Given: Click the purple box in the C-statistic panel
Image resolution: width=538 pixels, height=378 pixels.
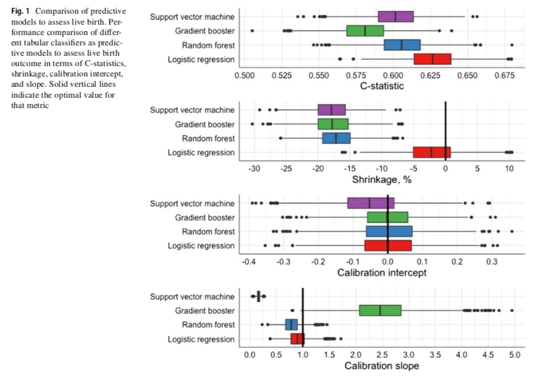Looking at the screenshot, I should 395,17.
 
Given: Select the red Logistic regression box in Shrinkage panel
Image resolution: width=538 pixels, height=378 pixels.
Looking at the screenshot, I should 432,152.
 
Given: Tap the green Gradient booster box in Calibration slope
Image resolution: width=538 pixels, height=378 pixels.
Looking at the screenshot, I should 380,311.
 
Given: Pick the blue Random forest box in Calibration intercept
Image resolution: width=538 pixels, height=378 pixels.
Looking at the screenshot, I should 389,231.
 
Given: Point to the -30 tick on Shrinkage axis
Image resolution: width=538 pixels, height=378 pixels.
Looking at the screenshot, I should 254,169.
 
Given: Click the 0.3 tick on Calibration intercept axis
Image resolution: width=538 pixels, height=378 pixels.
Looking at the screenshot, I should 492,262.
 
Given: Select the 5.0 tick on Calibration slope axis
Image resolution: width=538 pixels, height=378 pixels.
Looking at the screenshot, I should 514,355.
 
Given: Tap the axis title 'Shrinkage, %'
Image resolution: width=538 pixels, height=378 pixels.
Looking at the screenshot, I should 382,180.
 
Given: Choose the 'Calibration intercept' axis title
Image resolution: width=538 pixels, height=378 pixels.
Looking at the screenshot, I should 382,273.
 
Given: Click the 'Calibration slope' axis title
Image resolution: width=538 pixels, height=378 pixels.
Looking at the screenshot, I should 382,366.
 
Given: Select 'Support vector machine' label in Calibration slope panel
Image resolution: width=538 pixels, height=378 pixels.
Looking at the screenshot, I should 192,297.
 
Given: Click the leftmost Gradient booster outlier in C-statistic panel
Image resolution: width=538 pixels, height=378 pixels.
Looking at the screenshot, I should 252,30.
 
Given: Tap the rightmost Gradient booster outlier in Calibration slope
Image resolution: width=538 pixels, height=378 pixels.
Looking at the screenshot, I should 512,311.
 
